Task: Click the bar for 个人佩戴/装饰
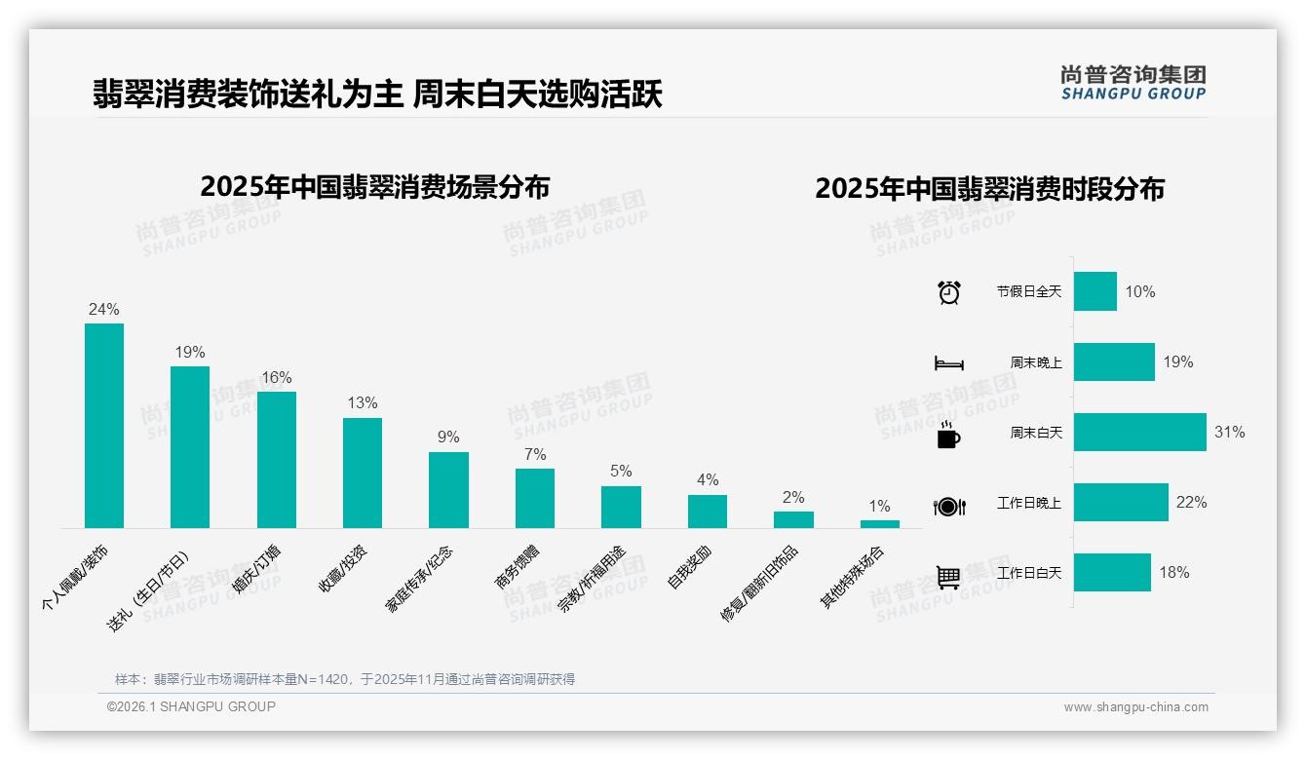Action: coord(104,426)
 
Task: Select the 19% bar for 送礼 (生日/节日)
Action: coord(190,447)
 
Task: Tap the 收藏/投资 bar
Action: coord(363,473)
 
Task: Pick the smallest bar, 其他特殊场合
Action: coord(879,524)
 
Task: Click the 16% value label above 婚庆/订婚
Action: coord(276,378)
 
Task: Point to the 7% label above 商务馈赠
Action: coord(534,455)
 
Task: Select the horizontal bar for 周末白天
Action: coord(1139,433)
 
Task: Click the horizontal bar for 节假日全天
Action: coord(1095,291)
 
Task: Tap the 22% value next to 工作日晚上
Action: coord(1191,503)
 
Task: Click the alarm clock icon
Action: coord(948,291)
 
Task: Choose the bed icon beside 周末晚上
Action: coord(948,362)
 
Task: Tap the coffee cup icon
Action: coord(948,435)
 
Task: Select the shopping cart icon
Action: coord(948,577)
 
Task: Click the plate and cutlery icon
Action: coord(948,506)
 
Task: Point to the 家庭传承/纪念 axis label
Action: coord(420,579)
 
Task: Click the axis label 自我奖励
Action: coord(689,565)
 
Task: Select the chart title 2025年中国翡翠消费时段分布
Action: coord(989,189)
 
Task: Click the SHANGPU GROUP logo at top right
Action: coord(1133,83)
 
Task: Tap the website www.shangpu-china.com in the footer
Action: coord(1135,707)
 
